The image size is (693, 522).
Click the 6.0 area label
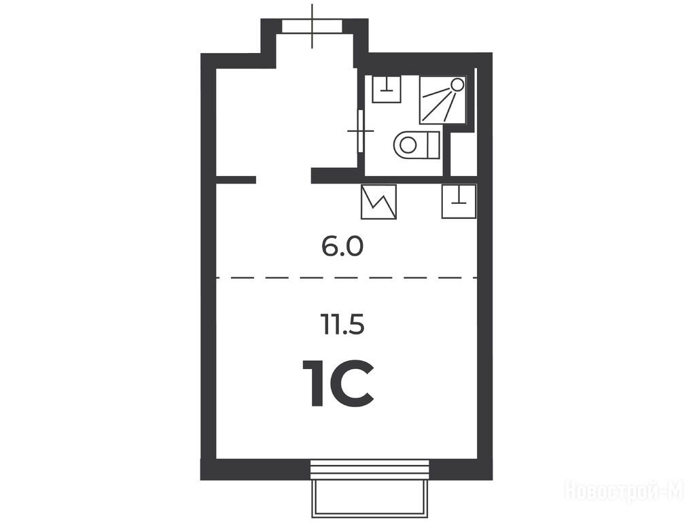[342, 247]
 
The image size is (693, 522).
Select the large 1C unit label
[338, 383]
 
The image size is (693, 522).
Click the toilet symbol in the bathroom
[416, 145]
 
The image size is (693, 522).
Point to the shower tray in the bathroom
[443, 100]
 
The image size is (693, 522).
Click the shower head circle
[457, 84]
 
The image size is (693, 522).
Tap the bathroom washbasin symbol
[387, 89]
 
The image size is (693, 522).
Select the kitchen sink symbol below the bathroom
[459, 201]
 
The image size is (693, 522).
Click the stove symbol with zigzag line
[378, 202]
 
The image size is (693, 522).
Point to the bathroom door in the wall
[361, 131]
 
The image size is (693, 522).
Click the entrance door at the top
[312, 26]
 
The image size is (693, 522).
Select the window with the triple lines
[370, 470]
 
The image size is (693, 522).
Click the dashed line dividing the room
[346, 277]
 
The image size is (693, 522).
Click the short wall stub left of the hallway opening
[236, 179]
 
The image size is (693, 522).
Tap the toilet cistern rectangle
[433, 145]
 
